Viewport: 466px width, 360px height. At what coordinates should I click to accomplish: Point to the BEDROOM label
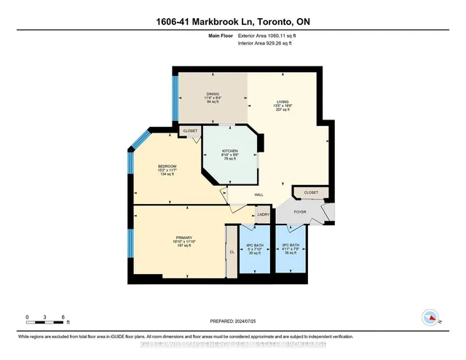point(167,166)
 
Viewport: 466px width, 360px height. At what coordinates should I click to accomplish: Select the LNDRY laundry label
point(264,214)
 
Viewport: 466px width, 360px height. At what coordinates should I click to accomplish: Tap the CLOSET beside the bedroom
point(190,131)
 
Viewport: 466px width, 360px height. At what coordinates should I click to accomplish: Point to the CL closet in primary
point(232,252)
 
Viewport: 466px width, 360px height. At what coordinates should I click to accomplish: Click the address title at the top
point(233,22)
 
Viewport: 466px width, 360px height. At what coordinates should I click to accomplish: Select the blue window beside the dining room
point(175,98)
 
